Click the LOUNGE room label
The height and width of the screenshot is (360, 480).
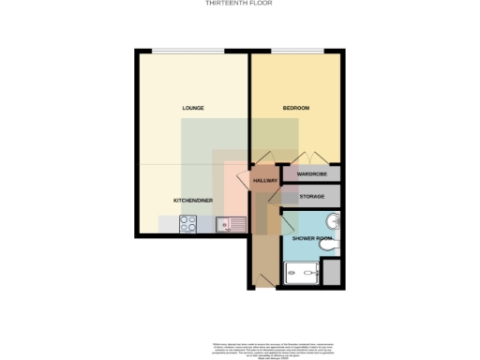coord(193,109)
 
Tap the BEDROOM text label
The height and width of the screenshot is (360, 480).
coord(296,109)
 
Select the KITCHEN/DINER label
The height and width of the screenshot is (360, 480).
coord(192,201)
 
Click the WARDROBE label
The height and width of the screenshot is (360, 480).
coord(312,174)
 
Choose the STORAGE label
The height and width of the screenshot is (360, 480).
coord(312,196)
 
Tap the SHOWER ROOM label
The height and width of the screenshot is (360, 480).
coord(311,239)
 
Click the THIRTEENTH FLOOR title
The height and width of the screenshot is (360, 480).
coord(240,4)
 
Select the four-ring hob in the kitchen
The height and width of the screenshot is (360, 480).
coord(187,224)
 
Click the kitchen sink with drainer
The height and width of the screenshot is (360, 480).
coord(230,224)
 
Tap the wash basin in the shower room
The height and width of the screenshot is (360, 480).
coord(331,222)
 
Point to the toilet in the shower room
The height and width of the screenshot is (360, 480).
coord(331,246)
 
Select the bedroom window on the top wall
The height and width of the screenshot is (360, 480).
coord(297,51)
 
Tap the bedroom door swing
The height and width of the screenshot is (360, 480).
coord(263,158)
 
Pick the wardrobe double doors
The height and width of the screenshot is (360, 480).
coord(311,158)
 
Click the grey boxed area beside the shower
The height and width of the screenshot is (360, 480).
coord(331,273)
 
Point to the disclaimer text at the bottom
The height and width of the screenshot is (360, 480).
coord(240,344)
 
